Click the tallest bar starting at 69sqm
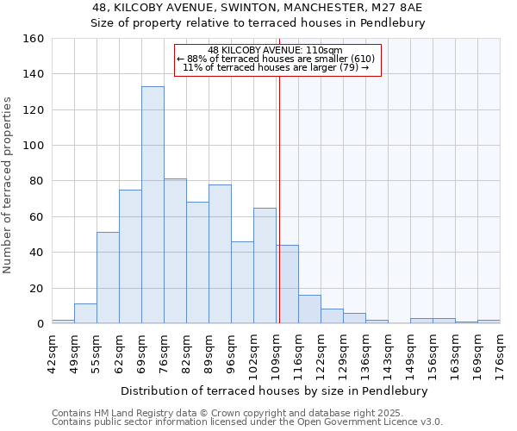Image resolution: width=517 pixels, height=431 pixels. (153, 205)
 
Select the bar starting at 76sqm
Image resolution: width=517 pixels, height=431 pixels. (175, 251)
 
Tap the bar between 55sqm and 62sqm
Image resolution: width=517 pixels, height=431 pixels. (108, 278)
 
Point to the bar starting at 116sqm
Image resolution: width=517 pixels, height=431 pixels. (309, 309)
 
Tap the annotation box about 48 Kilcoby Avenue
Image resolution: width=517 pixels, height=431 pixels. (277, 59)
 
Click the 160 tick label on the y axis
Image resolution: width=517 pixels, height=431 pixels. (34, 39)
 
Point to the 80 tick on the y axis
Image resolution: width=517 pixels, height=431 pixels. (37, 181)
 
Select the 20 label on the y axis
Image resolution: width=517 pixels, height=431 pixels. (37, 288)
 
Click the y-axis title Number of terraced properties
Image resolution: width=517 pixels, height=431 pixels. (9, 184)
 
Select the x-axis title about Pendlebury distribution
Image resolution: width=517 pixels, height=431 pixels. (274, 390)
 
